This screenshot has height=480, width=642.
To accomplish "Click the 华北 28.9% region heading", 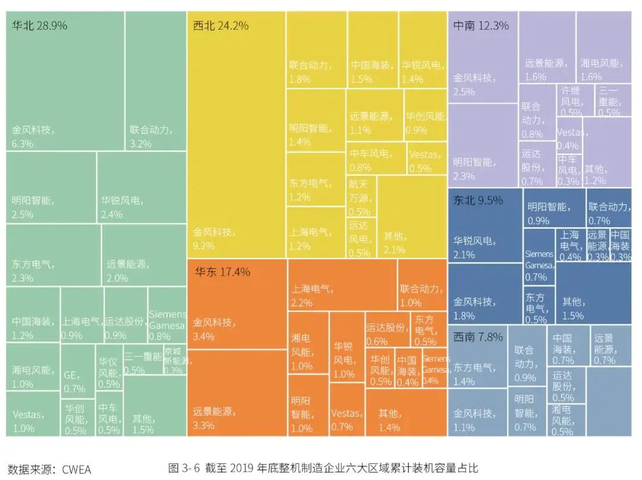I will tap(39, 26).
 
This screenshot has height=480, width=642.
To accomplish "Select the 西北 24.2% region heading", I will tap(221, 26).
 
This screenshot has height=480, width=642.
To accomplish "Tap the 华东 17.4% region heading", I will tap(222, 272).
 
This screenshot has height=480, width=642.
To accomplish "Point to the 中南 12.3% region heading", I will tap(481, 26).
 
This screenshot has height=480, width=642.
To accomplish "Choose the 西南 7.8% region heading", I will tap(478, 337).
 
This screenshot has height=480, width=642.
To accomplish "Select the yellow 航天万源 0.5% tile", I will tap(361, 197).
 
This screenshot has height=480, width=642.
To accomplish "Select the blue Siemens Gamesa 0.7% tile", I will tap(539, 265).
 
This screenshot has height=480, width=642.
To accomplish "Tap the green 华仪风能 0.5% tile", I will tap(109, 372).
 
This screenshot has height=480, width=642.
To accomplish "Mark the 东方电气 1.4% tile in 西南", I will tap(477, 373).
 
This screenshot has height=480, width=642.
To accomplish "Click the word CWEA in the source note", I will tap(74, 469).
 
